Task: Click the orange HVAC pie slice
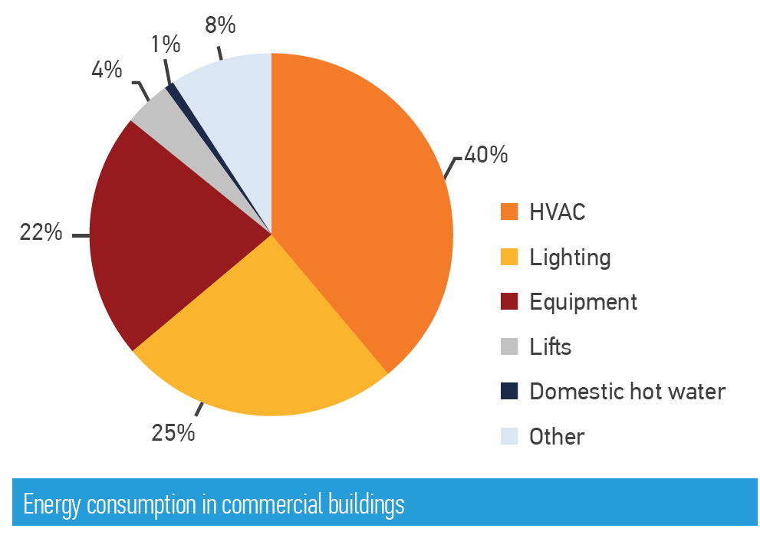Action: click(359, 204)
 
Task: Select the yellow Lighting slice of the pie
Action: click(262, 349)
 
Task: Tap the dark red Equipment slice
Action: click(160, 232)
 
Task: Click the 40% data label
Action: click(486, 155)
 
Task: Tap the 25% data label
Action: click(173, 433)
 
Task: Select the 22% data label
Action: click(41, 232)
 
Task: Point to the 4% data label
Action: click(107, 70)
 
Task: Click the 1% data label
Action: click(166, 44)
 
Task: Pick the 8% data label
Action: click(220, 25)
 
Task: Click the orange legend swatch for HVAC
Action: click(509, 212)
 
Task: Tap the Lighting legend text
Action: click(570, 258)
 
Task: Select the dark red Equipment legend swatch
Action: click(509, 301)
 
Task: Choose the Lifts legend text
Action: click(551, 346)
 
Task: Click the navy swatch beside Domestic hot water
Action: click(509, 391)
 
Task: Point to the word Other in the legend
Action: click(557, 437)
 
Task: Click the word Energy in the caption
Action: click(52, 505)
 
